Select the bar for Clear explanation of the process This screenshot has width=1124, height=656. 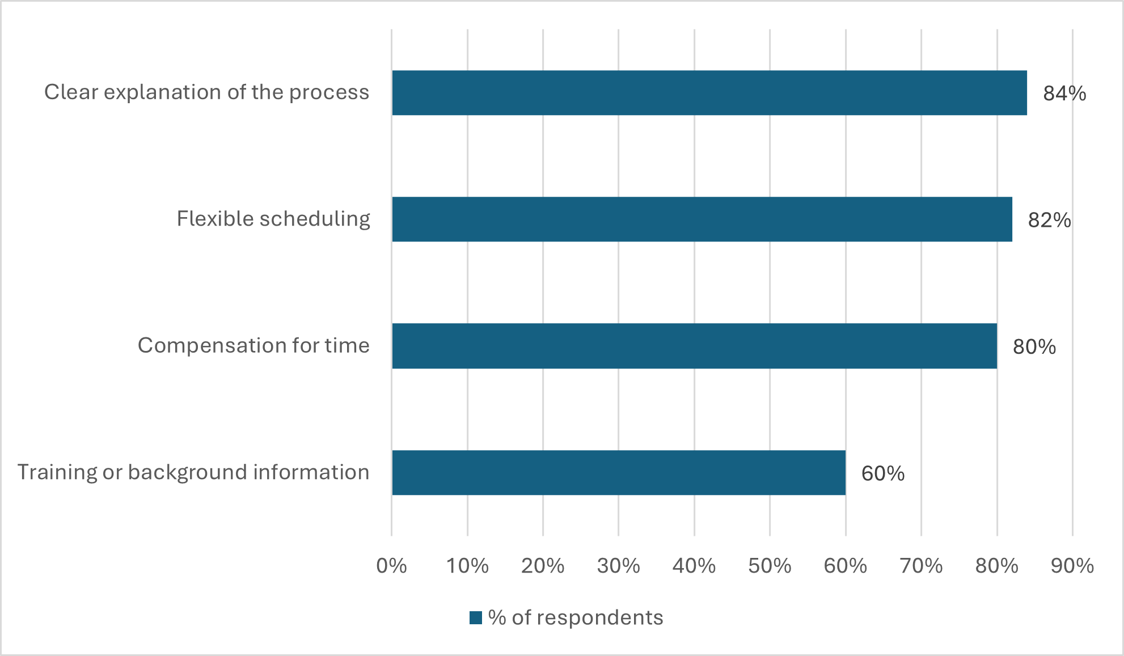(709, 93)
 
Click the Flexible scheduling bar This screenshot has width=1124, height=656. (702, 219)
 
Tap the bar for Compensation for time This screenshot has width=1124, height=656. (694, 346)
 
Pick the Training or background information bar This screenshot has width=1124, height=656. (618, 473)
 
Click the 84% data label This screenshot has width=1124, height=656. (1064, 94)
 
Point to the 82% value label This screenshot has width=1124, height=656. (1049, 220)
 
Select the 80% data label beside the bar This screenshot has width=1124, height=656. (1034, 347)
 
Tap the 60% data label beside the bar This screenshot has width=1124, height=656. (883, 473)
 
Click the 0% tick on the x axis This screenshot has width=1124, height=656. (391, 566)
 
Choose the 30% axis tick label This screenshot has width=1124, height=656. (618, 566)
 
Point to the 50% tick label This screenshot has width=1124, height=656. (770, 566)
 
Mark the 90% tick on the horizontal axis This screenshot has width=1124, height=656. (1072, 566)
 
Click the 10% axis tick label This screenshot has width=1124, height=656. (467, 566)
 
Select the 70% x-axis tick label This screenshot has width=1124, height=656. (921, 566)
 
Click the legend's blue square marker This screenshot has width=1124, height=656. (476, 617)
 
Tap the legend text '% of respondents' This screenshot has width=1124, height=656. (575, 617)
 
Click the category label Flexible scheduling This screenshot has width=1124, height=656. (273, 219)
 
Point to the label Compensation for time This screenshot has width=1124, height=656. (253, 345)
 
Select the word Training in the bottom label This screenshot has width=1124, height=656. (57, 472)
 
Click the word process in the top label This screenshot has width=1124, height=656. (329, 92)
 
